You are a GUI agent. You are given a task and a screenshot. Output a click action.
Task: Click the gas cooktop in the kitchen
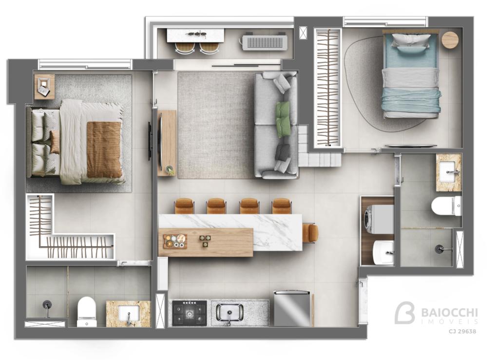(190, 313)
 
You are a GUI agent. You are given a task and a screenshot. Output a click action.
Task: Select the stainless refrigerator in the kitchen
(292, 308)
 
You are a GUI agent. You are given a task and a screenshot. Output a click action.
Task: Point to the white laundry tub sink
(383, 252)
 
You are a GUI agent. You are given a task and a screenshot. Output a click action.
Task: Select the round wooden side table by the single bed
(450, 40)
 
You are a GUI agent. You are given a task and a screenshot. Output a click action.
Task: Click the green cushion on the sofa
(283, 118)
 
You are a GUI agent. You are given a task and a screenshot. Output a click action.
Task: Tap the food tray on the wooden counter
(175, 241)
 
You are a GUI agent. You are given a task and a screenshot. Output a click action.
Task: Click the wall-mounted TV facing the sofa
(149, 141)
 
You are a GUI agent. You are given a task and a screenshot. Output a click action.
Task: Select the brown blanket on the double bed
(104, 149)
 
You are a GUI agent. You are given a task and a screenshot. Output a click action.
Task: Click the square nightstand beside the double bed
(44, 87)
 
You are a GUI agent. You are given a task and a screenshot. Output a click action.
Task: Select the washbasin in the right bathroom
(449, 172)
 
